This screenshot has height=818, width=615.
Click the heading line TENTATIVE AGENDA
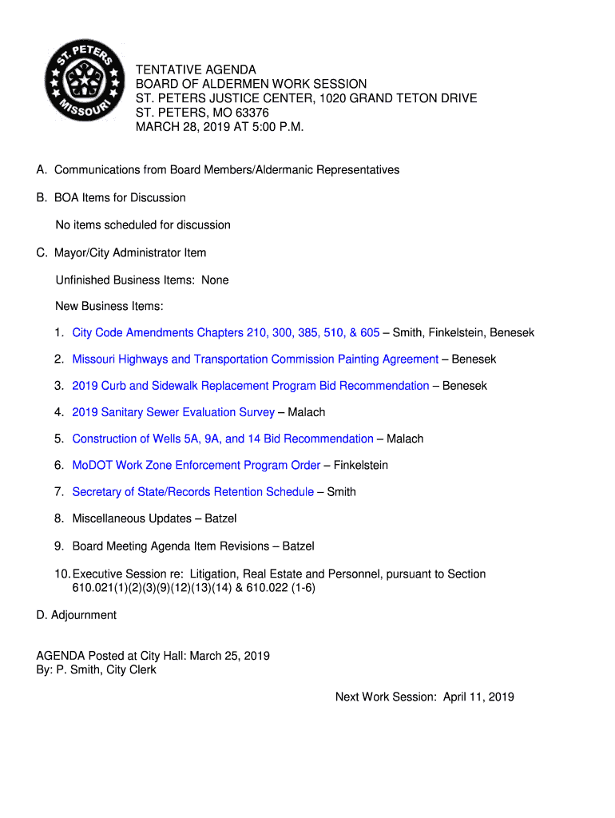tap(196, 70)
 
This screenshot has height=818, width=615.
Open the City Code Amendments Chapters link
tap(225, 332)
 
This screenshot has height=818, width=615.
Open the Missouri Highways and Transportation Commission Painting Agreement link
tap(255, 359)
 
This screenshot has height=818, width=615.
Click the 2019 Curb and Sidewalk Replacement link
tap(250, 386)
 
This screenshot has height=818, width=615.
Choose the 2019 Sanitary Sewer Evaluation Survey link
tap(173, 412)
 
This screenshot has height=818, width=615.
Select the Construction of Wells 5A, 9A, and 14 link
tap(222, 439)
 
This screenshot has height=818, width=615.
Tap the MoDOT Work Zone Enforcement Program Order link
tap(196, 465)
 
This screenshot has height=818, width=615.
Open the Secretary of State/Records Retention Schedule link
tap(192, 491)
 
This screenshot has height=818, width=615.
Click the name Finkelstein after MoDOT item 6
tap(361, 465)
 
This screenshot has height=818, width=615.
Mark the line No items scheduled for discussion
tap(143, 224)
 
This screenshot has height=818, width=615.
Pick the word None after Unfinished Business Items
tap(215, 280)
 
